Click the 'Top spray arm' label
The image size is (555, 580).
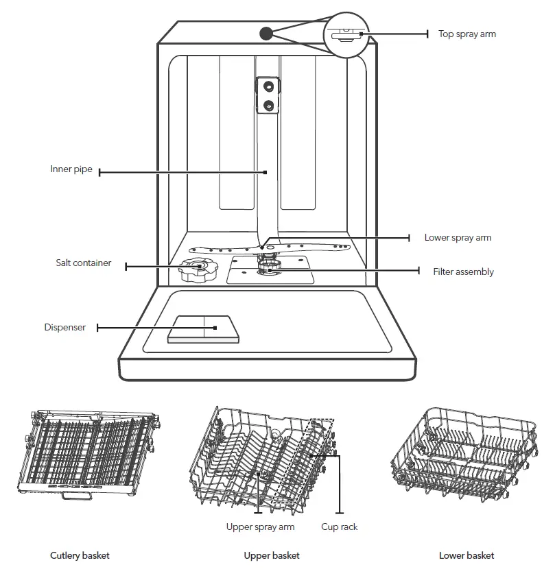(467, 34)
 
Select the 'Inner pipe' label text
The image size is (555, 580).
(71, 169)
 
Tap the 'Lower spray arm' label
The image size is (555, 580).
(458, 238)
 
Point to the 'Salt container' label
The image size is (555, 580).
(84, 263)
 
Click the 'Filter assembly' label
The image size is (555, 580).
(463, 272)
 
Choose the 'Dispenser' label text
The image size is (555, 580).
(65, 328)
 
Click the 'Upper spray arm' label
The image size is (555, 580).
(261, 527)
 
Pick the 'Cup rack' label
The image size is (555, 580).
(340, 527)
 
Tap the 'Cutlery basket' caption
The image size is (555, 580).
(80, 555)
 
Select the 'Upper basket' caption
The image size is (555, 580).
(272, 555)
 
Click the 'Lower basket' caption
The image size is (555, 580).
(467, 555)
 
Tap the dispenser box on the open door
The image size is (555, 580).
(204, 330)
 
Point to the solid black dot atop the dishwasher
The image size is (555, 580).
(265, 33)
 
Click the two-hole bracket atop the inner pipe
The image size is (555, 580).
(268, 95)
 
